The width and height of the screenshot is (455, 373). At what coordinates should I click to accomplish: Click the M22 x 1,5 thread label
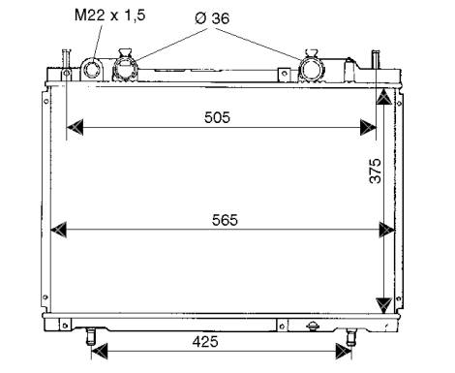110,16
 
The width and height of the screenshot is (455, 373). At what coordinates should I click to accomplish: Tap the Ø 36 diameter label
212,18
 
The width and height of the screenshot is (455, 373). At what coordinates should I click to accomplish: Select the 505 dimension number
217,117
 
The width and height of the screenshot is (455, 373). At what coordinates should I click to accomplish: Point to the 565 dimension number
225,220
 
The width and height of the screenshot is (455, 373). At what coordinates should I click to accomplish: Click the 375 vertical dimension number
376,171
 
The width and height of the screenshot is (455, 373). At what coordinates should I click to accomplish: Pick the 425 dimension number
205,341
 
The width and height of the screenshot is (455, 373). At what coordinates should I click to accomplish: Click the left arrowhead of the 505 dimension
75,127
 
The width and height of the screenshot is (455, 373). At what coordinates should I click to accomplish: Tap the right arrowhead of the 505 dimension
368,127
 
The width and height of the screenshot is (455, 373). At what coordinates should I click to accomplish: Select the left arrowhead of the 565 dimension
59,230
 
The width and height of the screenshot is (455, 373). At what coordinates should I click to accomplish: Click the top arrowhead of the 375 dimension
384,97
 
